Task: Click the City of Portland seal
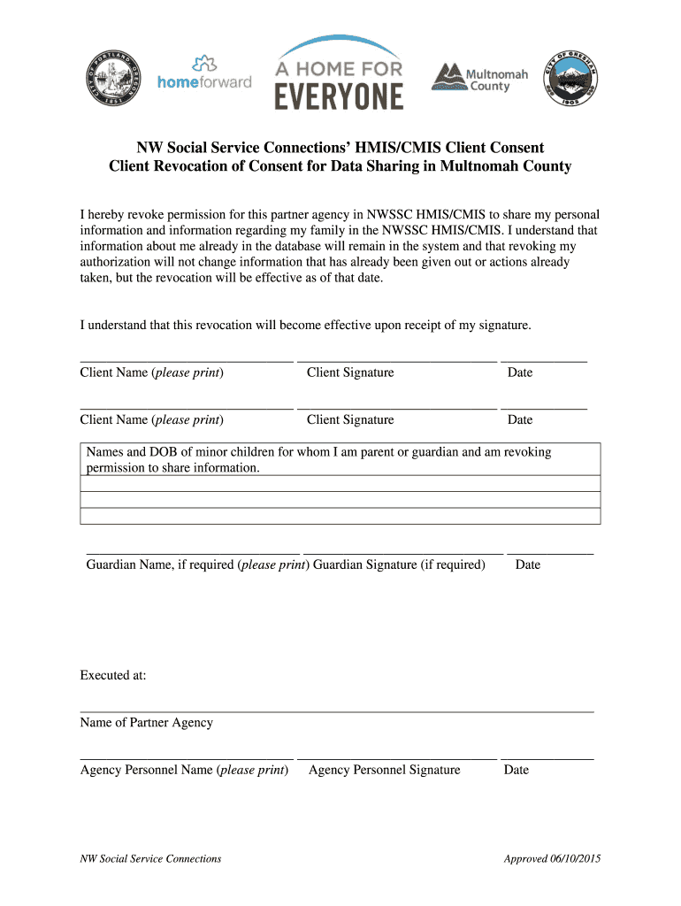click(x=113, y=77)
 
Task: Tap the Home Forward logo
click(x=204, y=73)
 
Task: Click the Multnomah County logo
click(x=479, y=77)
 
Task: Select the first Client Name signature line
click(x=186, y=362)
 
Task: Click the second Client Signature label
click(x=350, y=419)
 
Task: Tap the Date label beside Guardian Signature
click(x=527, y=564)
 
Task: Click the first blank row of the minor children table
click(x=340, y=483)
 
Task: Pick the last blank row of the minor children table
click(x=340, y=516)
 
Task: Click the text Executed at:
click(x=113, y=675)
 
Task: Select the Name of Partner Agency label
click(x=147, y=722)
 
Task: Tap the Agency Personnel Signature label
click(x=385, y=770)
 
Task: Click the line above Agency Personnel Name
click(x=186, y=759)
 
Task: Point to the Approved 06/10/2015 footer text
click(x=552, y=858)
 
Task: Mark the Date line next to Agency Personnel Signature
click(x=547, y=759)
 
